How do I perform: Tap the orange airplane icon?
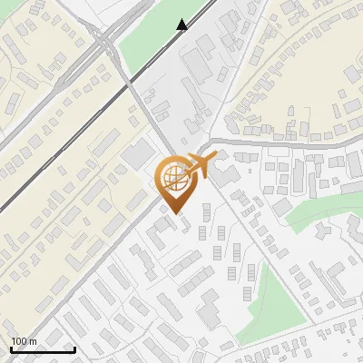coord(198,166)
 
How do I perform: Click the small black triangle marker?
coord(182,25)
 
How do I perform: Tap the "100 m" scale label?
coord(25,341)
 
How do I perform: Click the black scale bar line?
coord(43,349)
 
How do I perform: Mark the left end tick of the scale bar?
coord(11,348)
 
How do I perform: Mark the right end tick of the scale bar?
coord(74,348)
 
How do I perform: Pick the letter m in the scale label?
coord(34,341)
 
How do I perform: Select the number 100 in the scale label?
coord(20,341)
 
